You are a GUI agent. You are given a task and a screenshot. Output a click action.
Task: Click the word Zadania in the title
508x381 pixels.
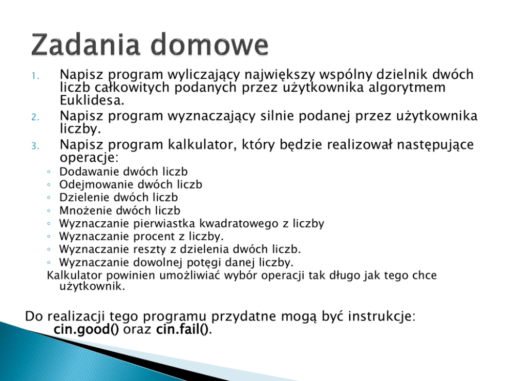pyautogui.click(x=86, y=45)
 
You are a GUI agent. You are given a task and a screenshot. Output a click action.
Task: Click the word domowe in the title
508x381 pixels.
pyautogui.click(x=209, y=45)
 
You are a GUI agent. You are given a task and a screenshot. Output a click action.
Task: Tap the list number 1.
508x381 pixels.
pyautogui.click(x=35, y=76)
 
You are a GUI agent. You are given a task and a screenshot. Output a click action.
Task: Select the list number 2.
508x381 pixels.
pyautogui.click(x=35, y=117)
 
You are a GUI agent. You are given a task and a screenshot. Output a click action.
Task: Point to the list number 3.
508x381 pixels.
pyautogui.click(x=35, y=146)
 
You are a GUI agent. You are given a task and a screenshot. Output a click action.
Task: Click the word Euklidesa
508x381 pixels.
pyautogui.click(x=92, y=100)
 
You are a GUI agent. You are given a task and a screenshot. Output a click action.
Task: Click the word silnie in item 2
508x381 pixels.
pyautogui.click(x=277, y=116)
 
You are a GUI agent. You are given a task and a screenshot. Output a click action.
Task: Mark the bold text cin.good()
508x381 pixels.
pyautogui.click(x=87, y=329)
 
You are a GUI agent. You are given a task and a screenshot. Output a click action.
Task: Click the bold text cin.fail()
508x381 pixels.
pyautogui.click(x=183, y=329)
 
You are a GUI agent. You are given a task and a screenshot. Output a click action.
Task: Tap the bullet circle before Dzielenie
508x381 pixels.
pyautogui.click(x=49, y=198)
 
